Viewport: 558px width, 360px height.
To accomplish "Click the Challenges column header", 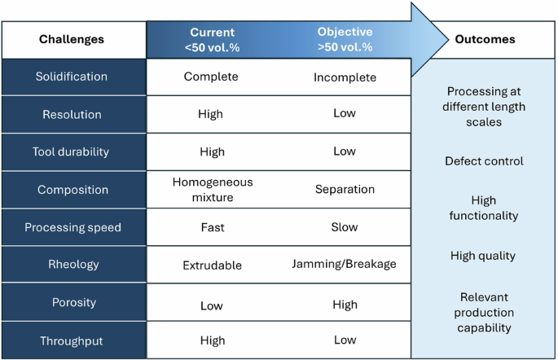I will (72, 39).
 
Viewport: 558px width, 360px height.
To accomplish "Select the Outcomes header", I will (485, 39).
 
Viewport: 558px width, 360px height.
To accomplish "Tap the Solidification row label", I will (72, 77).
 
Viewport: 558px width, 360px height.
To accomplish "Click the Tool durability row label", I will (72, 151).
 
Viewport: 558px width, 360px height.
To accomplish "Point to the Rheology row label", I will (72, 264).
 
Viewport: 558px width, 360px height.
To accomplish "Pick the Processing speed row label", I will (72, 227).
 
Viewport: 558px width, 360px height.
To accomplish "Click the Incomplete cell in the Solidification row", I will (345, 77).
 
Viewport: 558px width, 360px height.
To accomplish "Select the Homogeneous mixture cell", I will (213, 189).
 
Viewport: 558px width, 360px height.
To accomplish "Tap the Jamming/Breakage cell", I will (344, 264).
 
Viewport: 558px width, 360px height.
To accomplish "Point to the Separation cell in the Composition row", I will (345, 189).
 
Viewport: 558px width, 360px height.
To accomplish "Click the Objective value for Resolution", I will (345, 114).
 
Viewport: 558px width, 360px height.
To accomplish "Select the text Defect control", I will (484, 160).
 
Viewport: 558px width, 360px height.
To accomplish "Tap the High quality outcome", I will (483, 256).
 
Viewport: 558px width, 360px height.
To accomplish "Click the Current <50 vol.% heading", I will (212, 39).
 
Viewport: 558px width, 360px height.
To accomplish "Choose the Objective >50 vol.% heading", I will (345, 39).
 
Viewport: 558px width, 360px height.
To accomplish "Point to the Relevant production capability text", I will (484, 312).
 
